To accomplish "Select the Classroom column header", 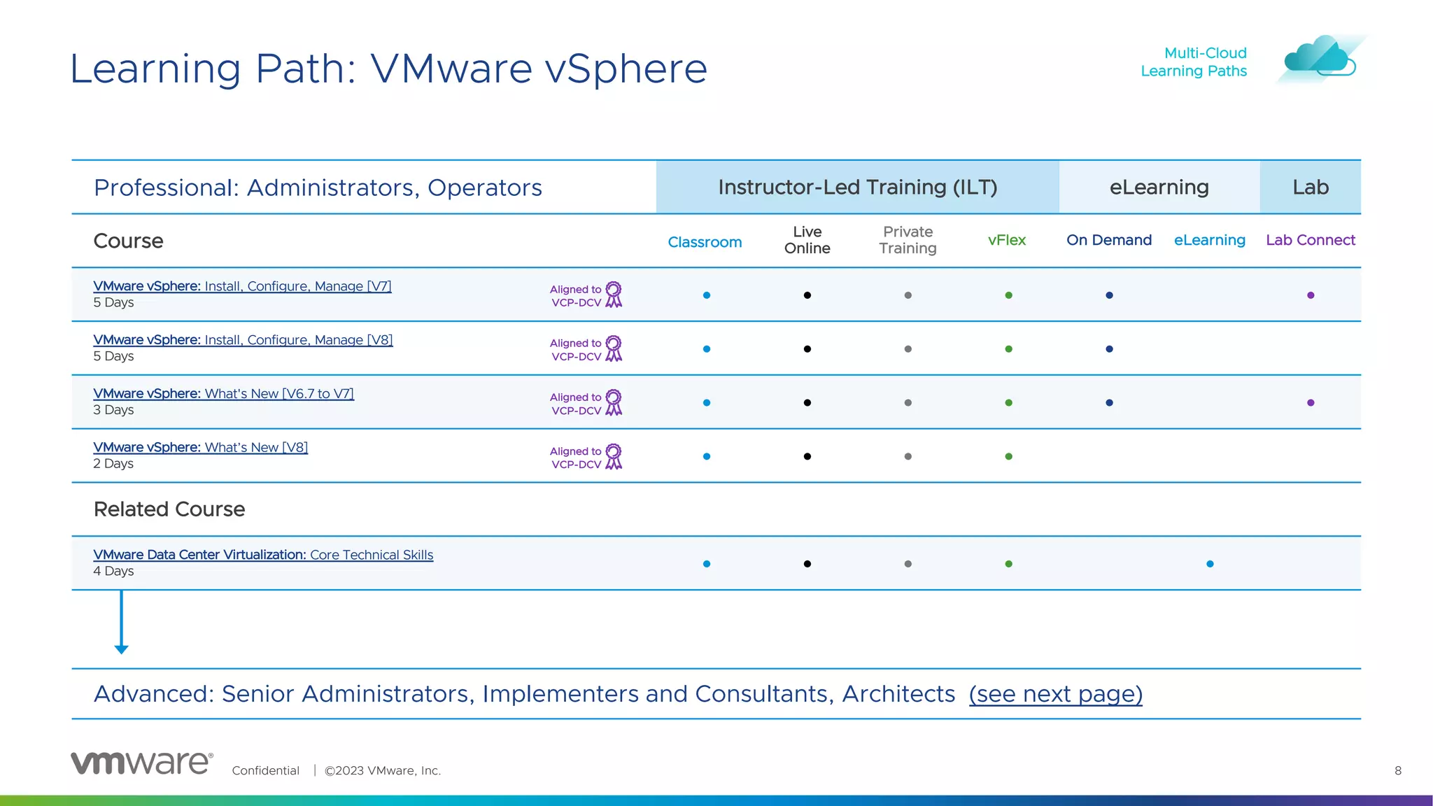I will tap(705, 242).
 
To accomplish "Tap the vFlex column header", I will tap(1006, 240).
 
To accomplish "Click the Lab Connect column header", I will tap(1310, 240).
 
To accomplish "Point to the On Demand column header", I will tap(1108, 240).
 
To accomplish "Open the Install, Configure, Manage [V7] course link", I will tap(242, 286).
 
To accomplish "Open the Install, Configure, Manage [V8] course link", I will tap(243, 340).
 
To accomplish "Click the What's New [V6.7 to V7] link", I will tap(223, 394).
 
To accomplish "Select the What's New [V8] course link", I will tap(200, 448).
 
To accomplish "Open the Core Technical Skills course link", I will tap(263, 555).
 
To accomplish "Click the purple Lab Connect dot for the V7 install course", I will tap(1311, 295).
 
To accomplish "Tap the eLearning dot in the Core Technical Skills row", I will tap(1210, 564).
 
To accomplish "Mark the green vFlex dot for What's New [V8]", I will tap(1008, 456).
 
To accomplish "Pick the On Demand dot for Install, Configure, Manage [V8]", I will tap(1109, 349).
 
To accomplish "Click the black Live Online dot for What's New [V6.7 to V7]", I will tap(807, 403).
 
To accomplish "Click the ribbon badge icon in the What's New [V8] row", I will tap(613, 456).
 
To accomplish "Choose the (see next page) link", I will tap(1055, 694).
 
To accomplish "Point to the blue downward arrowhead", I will tap(121, 649).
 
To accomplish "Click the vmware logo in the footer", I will tap(141, 763).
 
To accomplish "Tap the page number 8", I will tap(1398, 770).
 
